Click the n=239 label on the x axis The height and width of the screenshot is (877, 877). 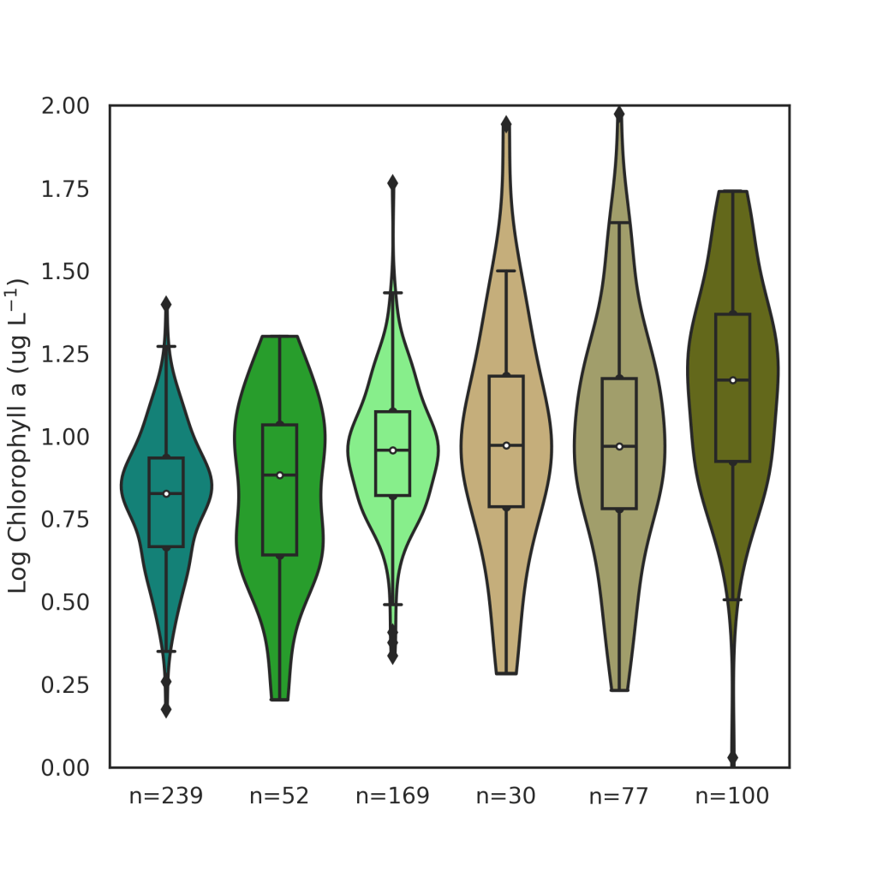click(166, 797)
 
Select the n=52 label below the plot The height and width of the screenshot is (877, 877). click(279, 797)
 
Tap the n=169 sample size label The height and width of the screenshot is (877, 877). click(392, 797)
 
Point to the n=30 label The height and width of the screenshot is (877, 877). click(506, 797)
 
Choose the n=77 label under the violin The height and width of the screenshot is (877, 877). click(619, 797)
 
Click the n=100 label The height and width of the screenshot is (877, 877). click(732, 797)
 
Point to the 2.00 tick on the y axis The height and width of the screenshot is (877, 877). click(65, 106)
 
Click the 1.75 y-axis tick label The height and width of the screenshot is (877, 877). click(65, 189)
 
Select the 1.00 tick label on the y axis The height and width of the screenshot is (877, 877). click(65, 438)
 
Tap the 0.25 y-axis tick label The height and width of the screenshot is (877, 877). click(65, 685)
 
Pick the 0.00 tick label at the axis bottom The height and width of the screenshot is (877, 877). click(65, 768)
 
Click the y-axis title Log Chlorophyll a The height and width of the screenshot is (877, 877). click(18, 438)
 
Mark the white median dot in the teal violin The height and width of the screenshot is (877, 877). click(166, 493)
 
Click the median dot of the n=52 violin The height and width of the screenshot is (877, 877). click(279, 475)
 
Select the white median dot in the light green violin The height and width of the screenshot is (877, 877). click(392, 450)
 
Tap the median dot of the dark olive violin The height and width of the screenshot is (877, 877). click(732, 380)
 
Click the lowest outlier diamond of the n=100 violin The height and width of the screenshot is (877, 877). click(732, 758)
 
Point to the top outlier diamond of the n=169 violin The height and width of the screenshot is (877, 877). click(392, 182)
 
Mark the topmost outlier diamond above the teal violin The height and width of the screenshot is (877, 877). click(166, 303)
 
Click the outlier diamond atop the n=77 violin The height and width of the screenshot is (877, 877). click(619, 113)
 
